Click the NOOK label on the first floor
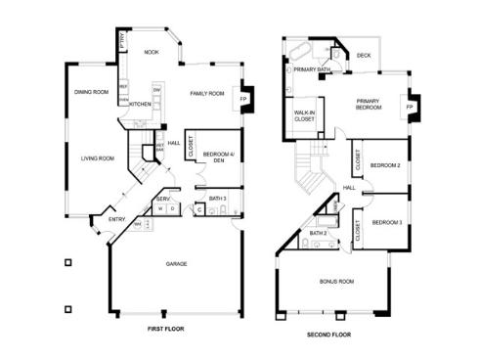[152, 53]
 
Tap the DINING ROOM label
[91, 93]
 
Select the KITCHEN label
[140, 104]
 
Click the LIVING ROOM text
[98, 157]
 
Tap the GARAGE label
[176, 263]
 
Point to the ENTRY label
[117, 219]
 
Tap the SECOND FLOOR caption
[329, 334]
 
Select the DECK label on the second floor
[364, 56]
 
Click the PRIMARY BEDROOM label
[369, 105]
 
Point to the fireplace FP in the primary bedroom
[410, 106]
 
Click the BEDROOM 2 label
[385, 165]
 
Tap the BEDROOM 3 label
[386, 223]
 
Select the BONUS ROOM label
[336, 282]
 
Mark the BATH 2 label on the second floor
[318, 233]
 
